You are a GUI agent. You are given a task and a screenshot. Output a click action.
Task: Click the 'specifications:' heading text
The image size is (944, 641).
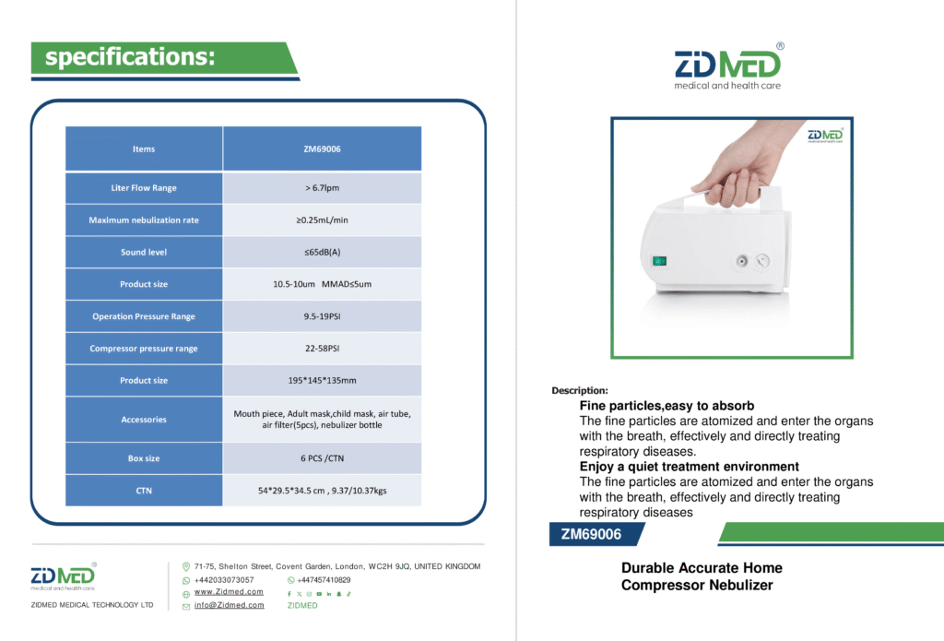[x=130, y=57]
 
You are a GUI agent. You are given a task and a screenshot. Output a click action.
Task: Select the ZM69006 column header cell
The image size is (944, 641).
[x=322, y=148]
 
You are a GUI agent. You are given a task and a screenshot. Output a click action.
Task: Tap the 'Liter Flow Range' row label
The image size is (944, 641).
[x=144, y=188]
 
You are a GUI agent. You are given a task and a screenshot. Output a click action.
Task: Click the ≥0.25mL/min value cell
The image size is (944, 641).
[x=322, y=220]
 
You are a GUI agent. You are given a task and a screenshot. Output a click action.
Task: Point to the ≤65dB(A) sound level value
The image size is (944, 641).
[x=322, y=252]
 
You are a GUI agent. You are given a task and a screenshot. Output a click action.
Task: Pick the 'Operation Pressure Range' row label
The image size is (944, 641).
[x=144, y=316]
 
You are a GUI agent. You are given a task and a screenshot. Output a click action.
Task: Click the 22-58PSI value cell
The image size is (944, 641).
[x=322, y=349]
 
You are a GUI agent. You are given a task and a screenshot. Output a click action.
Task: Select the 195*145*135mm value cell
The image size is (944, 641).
[x=322, y=380]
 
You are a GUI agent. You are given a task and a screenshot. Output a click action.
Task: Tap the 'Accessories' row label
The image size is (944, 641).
[x=144, y=420]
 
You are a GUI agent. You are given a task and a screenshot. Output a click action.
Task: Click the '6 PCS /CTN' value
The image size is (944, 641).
[x=322, y=458]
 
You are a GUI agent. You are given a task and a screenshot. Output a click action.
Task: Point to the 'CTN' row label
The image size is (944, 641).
[x=144, y=491]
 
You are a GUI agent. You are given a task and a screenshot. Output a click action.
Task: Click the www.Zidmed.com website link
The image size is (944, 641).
[x=229, y=591]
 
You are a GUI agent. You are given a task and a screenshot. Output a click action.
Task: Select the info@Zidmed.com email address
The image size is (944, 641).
[x=230, y=605]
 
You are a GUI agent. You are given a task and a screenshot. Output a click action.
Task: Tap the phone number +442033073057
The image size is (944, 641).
[x=224, y=579]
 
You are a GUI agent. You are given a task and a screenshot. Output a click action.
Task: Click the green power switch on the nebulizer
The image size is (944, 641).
[x=659, y=261]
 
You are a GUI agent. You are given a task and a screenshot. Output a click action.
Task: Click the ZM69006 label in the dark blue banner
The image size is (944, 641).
[x=591, y=534]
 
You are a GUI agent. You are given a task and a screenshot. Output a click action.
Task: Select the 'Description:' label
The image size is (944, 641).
[x=580, y=390]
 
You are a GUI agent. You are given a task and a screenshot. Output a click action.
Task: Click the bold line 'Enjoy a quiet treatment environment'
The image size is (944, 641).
[x=690, y=467]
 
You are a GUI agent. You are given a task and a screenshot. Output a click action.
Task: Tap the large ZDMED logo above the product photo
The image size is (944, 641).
[x=728, y=67]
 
